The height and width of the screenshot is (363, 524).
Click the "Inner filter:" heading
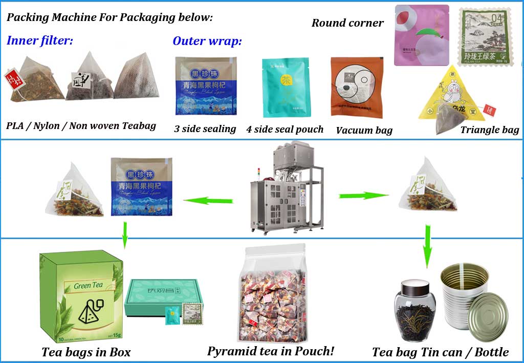click(x=40, y=41)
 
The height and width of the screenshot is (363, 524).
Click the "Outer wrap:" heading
click(x=207, y=41)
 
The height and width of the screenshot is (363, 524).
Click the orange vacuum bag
click(x=357, y=88)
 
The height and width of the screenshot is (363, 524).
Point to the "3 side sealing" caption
click(x=205, y=129)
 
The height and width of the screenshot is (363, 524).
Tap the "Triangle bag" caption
click(x=489, y=130)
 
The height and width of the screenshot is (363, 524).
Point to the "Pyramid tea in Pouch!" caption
click(x=271, y=351)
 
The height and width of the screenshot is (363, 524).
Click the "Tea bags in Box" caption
click(x=86, y=352)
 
